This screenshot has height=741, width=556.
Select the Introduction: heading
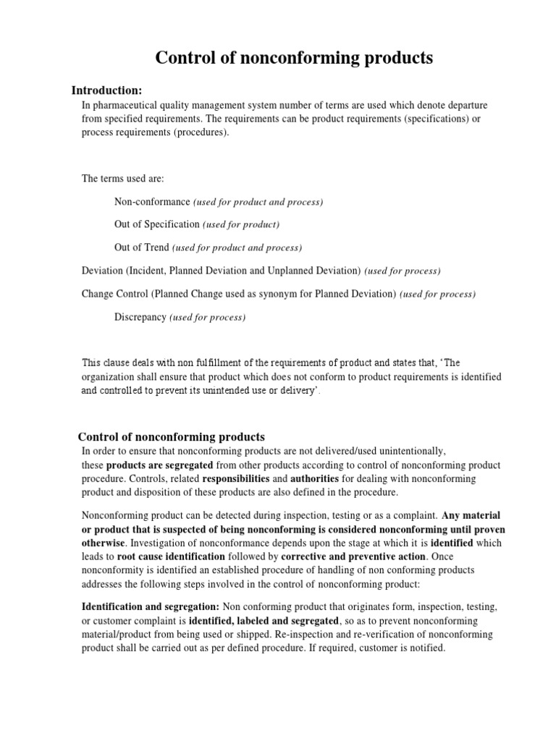click(106, 90)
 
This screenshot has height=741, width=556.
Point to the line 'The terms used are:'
click(123, 178)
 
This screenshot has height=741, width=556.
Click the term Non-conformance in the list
click(152, 201)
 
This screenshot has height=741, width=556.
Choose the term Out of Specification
click(157, 224)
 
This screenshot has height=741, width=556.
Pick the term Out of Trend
click(141, 247)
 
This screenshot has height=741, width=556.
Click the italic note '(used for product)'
click(241, 224)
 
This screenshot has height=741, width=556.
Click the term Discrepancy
click(140, 317)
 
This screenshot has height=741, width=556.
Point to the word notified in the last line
click(424, 648)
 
